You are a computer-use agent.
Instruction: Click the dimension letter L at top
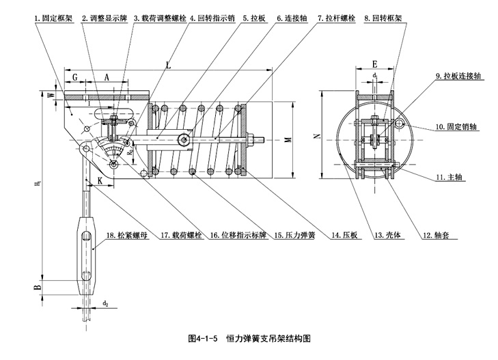pos(168,64)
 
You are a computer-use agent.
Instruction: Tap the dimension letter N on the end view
pos(316,137)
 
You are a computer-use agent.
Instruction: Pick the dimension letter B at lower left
pos(40,288)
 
